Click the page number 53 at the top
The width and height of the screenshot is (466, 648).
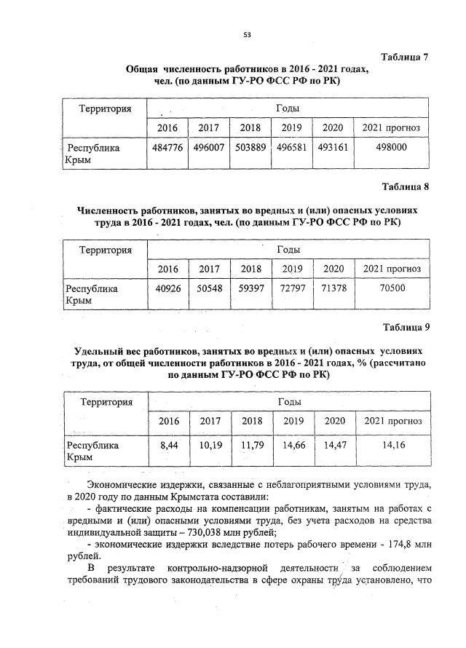(x=247, y=34)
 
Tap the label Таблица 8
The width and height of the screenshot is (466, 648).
(x=406, y=186)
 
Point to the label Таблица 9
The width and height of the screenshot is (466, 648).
(x=406, y=327)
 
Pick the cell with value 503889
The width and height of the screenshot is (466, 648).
(x=251, y=148)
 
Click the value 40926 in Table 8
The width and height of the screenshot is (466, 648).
(x=167, y=288)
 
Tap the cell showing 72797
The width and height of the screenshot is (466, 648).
(x=293, y=288)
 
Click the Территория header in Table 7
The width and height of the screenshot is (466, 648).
(x=106, y=109)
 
